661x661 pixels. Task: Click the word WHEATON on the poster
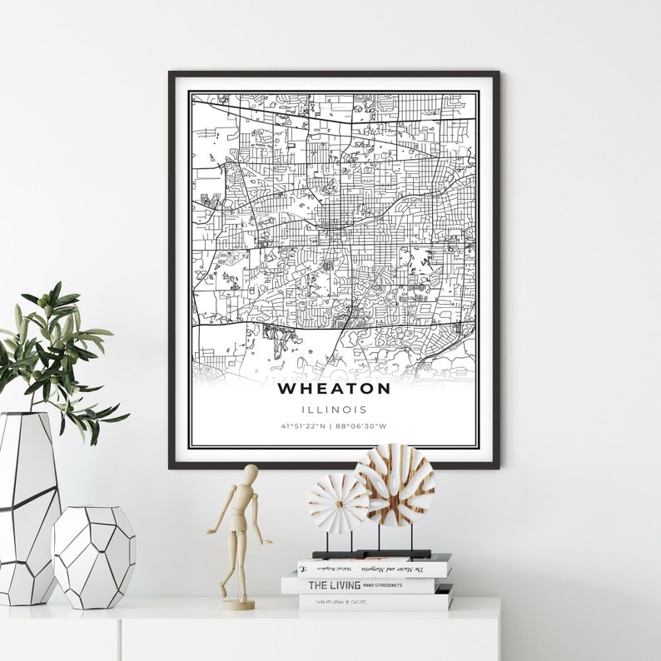point(333,388)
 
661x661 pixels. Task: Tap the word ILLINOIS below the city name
point(333,410)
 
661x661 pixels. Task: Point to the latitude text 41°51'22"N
point(303,427)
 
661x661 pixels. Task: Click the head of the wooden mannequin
point(250,474)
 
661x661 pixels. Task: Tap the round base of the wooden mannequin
point(238,604)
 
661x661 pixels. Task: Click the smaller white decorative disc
point(338,503)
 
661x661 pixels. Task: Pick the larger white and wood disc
point(395,485)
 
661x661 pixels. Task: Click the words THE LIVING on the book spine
point(334,585)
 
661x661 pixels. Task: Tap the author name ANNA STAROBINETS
point(382,585)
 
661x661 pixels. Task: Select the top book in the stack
point(373,568)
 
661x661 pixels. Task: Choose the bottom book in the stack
point(375,601)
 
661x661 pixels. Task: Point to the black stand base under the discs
point(371,554)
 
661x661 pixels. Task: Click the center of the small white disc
point(338,503)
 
